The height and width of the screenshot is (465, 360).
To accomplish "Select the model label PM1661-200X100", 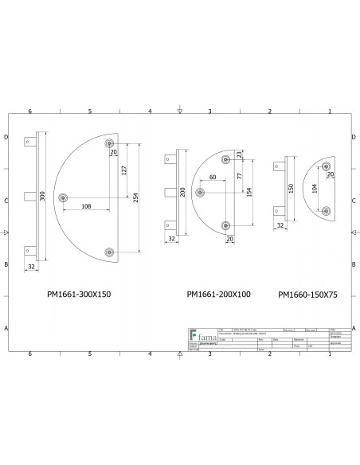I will (x=218, y=294).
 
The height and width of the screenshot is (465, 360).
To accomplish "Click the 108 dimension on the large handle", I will (x=87, y=207).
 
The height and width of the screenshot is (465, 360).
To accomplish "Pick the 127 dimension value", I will (x=125, y=169).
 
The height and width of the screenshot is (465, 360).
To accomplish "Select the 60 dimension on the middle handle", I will (x=213, y=177).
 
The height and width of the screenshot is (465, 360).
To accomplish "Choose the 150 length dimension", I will (x=292, y=188).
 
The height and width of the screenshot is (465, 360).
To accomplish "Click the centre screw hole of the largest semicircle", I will (x=65, y=196).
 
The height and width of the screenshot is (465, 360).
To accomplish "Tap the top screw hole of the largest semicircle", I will (x=109, y=143).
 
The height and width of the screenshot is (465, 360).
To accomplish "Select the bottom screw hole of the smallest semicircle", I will (x=327, y=211).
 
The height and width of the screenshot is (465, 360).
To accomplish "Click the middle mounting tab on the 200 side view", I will (x=170, y=191).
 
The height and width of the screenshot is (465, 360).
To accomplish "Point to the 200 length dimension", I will (x=182, y=192).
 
